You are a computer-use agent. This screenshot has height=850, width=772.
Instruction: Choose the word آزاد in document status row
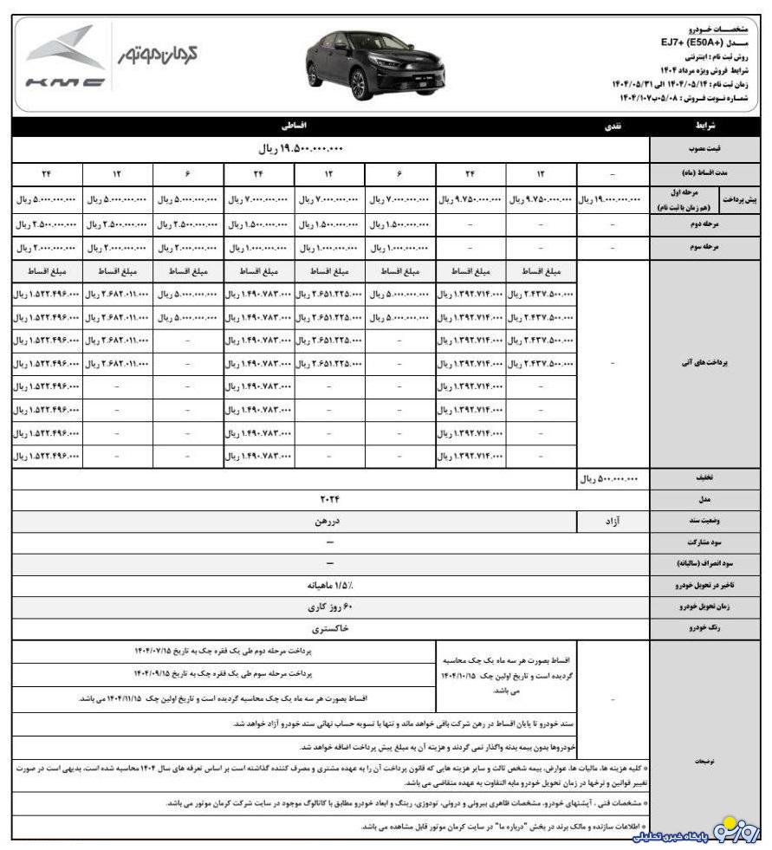612,522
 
